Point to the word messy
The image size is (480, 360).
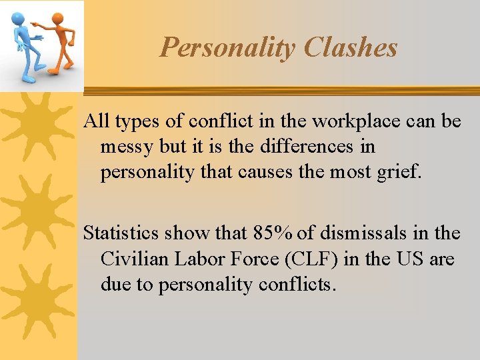127,147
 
